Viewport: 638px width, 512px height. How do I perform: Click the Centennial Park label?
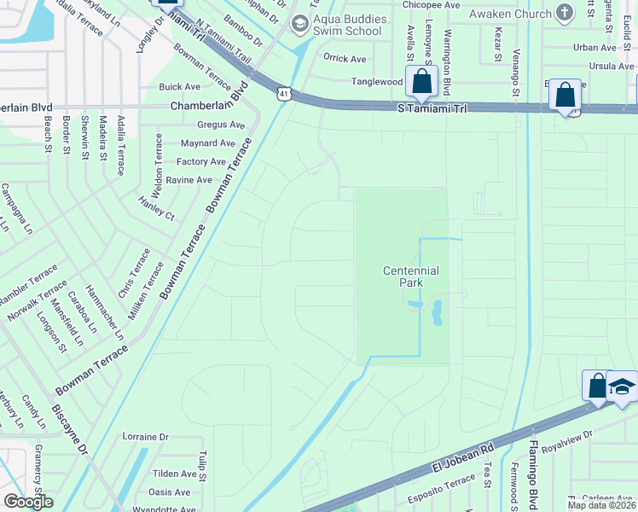click(x=410, y=276)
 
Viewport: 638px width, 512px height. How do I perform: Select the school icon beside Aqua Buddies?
click(x=299, y=24)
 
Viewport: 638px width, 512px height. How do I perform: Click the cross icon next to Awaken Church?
click(x=563, y=12)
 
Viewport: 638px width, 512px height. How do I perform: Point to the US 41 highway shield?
click(x=282, y=91)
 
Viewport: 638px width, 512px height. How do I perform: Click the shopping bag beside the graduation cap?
click(x=597, y=386)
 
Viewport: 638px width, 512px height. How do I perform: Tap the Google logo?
click(x=28, y=502)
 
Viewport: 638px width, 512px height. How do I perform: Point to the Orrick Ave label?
click(x=345, y=59)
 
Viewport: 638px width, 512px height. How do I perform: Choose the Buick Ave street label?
click(x=180, y=87)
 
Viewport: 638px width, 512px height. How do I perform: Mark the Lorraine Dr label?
click(x=146, y=436)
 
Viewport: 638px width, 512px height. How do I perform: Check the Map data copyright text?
click(x=600, y=505)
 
